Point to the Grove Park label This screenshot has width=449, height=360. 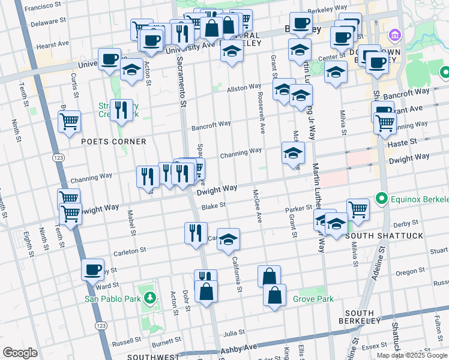tap(313, 298)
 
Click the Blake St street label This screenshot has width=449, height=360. tap(213, 205)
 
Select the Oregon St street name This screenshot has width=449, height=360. tap(410, 272)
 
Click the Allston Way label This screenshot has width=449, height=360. tap(244, 88)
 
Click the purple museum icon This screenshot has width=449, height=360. tap(394, 34)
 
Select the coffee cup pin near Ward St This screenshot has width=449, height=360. tap(92, 270)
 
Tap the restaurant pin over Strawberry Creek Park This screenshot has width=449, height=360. tap(121, 110)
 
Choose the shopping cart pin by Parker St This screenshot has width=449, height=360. tap(358, 209)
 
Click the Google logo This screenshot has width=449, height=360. tap(20, 353)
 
